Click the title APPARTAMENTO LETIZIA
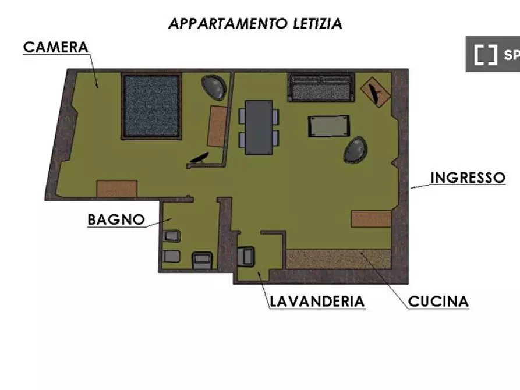point(254,23)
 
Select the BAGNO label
point(116,219)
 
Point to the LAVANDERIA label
point(317,302)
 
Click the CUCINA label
point(438,302)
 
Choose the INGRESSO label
point(468,178)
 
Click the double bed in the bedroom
point(151,106)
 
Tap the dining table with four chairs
point(259,127)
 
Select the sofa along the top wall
point(321,87)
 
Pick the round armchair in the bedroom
point(215,87)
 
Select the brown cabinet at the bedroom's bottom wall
point(117,188)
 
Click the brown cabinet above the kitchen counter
point(371,219)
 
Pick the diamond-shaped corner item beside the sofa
point(376,92)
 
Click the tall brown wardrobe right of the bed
point(218,126)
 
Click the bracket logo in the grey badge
point(485,55)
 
